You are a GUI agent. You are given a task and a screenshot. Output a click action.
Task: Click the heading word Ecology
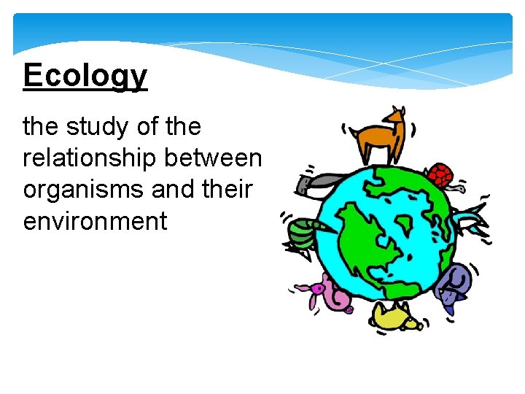coord(85,76)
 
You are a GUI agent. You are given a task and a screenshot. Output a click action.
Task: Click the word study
coord(93,127)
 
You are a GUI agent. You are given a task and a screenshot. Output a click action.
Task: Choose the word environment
coord(96,220)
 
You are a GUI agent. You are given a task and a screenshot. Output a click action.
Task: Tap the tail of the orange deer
coord(352,132)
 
